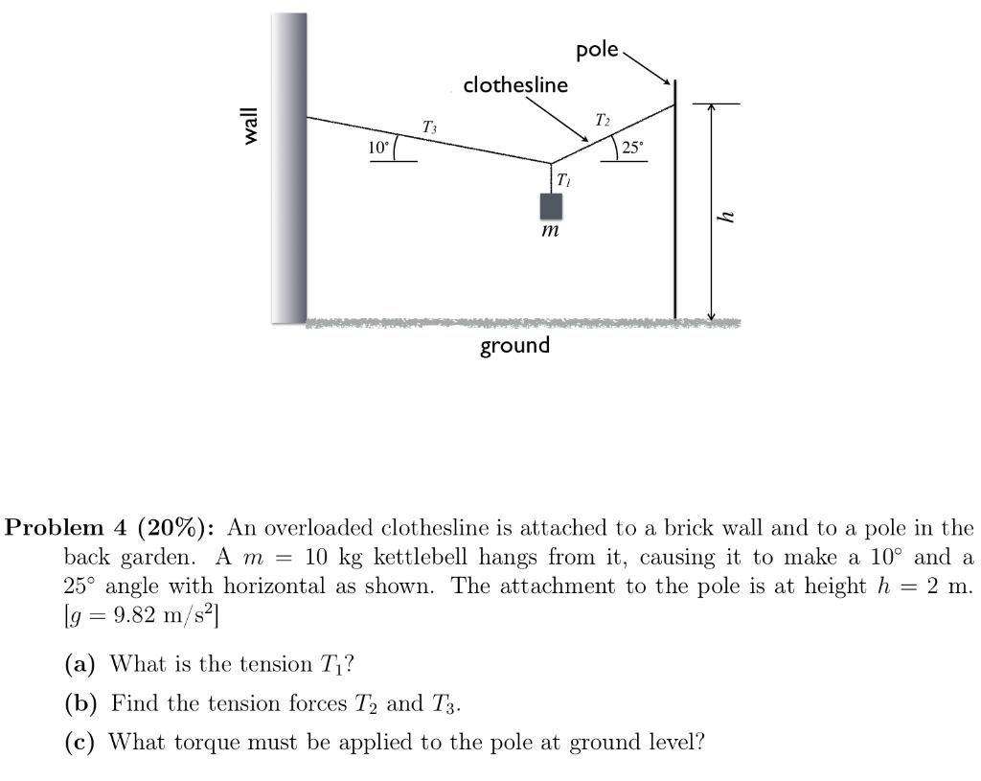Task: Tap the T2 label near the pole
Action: click(x=602, y=121)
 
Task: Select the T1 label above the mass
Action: click(x=563, y=179)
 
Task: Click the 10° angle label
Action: click(x=379, y=148)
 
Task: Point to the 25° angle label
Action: click(x=633, y=148)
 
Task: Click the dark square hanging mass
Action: click(x=551, y=206)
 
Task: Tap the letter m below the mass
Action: click(x=550, y=232)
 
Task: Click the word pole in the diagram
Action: click(x=597, y=50)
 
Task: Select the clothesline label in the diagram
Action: click(x=515, y=85)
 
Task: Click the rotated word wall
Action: click(x=251, y=126)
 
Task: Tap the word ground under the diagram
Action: click(x=515, y=345)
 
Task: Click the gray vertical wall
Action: click(x=289, y=168)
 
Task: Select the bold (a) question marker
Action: click(x=79, y=663)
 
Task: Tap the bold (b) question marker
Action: click(x=80, y=703)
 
